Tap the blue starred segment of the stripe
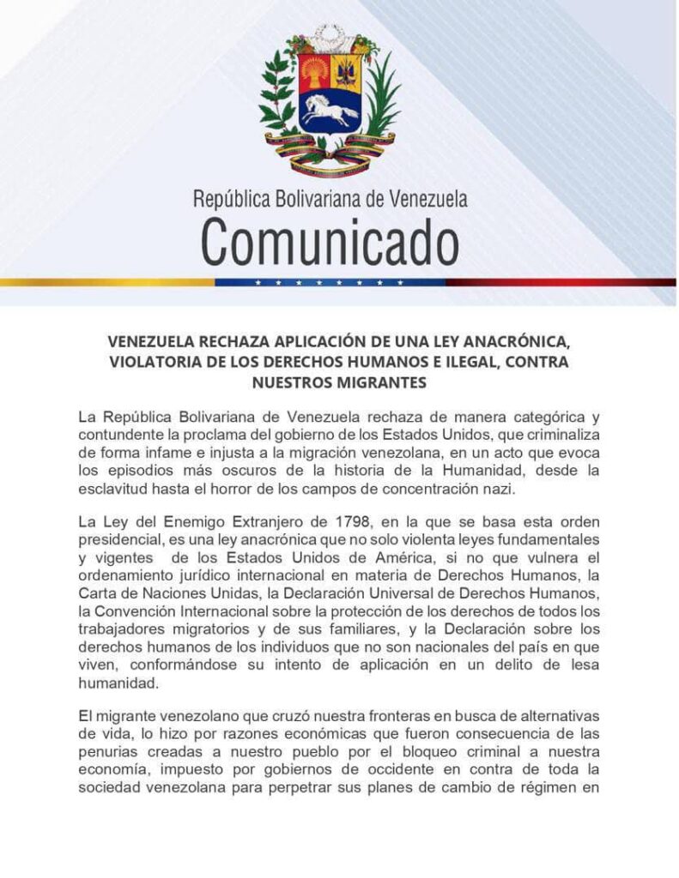point(330,281)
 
